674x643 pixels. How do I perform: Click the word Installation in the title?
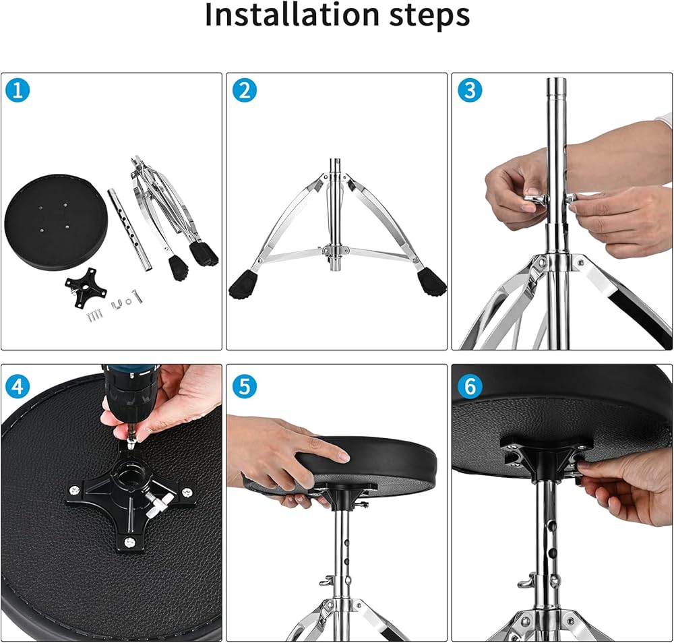(293, 15)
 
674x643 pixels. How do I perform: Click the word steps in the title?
(429, 16)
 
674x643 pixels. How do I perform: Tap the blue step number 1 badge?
(18, 91)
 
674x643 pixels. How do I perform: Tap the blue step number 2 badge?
(244, 91)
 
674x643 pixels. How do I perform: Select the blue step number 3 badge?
(469, 91)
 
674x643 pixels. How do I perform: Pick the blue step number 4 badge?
(18, 386)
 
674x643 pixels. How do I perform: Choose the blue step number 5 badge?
(244, 386)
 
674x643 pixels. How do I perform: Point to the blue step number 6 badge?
(469, 386)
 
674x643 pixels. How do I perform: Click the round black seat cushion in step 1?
(56, 221)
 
